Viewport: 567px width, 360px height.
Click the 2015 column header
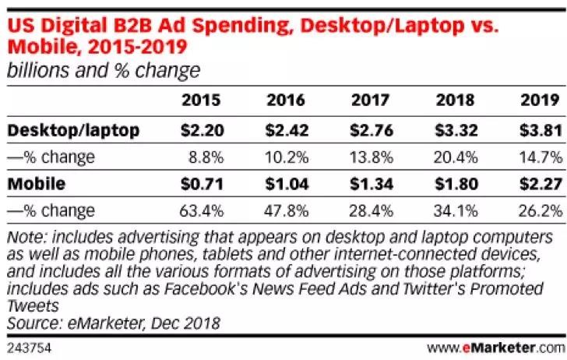click(x=201, y=101)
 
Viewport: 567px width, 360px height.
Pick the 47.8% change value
click(x=287, y=210)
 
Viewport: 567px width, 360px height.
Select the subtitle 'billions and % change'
click(x=104, y=71)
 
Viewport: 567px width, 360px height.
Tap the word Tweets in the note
click(x=30, y=304)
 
